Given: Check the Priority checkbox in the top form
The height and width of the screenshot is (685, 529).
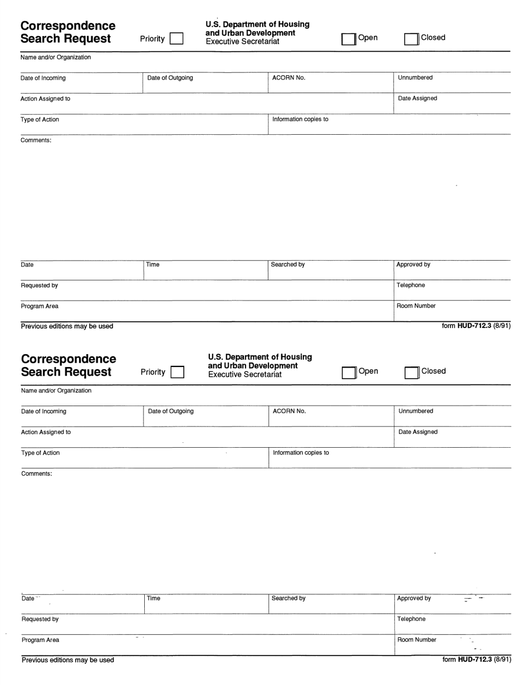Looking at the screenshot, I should click(x=177, y=38).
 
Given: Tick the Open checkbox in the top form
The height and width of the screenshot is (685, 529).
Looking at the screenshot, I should click(x=349, y=39).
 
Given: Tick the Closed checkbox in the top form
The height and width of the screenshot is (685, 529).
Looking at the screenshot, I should click(x=412, y=39).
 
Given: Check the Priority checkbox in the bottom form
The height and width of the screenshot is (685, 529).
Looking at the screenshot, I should click(x=178, y=372).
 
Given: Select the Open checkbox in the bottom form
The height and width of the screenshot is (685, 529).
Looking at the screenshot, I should click(x=349, y=373).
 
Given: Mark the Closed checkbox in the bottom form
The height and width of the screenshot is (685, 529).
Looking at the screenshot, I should click(x=412, y=373).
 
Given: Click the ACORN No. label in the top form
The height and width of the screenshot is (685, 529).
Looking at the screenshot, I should click(x=288, y=78).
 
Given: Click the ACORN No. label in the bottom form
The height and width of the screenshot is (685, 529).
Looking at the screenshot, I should click(x=289, y=411).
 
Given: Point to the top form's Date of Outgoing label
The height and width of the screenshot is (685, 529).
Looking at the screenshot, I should click(x=170, y=78).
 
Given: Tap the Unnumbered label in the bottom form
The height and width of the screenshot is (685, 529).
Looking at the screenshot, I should click(x=415, y=411).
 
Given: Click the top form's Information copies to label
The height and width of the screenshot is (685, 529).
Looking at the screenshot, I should click(x=300, y=119).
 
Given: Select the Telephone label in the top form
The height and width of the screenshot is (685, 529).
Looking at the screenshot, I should click(x=410, y=285).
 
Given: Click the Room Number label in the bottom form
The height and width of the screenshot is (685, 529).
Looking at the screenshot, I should click(x=417, y=640).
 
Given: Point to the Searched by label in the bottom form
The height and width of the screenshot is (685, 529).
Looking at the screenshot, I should click(x=288, y=598).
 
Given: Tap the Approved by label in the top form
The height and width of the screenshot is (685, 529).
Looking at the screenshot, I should click(x=413, y=265).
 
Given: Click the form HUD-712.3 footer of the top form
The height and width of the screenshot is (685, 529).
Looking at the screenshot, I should click(x=476, y=326).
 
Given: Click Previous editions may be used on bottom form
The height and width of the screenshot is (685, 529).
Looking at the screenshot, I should click(x=67, y=660).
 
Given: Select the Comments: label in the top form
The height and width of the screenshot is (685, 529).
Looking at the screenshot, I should click(x=36, y=140).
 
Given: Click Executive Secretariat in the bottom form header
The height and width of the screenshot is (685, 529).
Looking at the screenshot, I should click(x=244, y=375).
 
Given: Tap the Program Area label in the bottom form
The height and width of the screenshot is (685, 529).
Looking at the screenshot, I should click(x=40, y=640).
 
